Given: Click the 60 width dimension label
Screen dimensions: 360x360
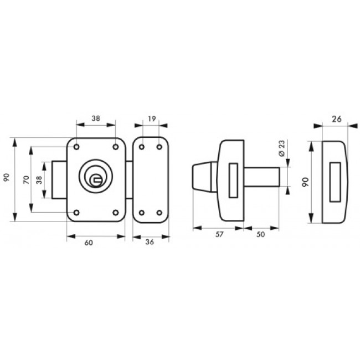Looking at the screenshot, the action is click(89, 243).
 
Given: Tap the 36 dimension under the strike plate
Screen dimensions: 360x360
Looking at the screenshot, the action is click(150, 242).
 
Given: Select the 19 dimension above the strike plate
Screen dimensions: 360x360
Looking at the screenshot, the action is click(152, 119).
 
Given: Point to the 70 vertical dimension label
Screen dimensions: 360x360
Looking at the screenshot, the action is click(27, 179).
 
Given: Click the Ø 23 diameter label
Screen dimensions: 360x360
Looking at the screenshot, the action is click(281, 148).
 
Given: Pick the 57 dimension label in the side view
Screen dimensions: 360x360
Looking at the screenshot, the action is click(219, 234).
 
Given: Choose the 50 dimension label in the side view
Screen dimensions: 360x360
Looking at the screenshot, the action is click(261, 234).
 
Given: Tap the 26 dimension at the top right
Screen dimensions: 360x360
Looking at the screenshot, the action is click(337, 119).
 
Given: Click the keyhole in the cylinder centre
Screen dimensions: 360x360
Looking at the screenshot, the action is click(96, 180).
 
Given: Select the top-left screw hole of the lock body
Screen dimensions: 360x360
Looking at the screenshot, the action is click(76, 147).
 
